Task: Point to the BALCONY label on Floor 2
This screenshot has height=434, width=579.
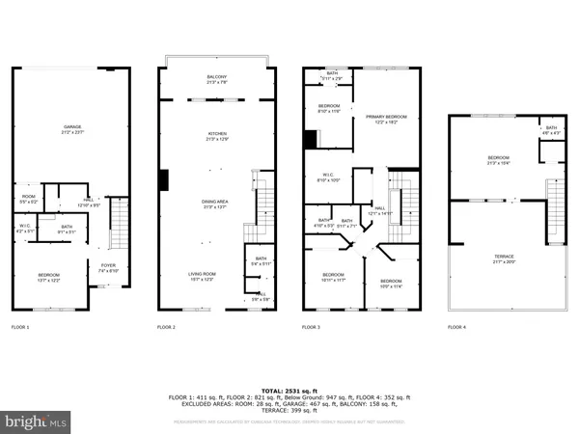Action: (x=216, y=79)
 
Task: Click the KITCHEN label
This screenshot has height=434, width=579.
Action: (x=216, y=136)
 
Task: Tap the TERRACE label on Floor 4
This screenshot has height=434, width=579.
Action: (x=498, y=258)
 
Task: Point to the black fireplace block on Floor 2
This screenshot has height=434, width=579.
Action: (x=165, y=179)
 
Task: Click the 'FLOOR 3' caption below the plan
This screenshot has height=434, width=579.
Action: (x=312, y=328)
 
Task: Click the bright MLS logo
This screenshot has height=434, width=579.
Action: (x=36, y=420)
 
